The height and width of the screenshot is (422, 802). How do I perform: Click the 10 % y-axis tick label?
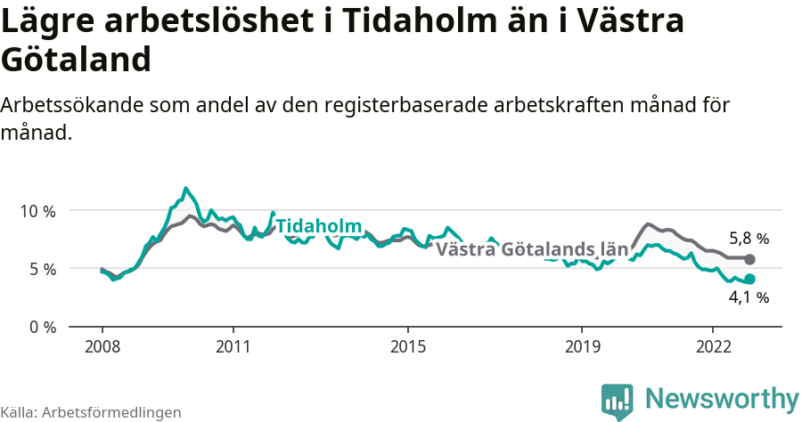point(36,211)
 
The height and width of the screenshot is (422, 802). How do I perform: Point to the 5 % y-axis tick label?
point(40,269)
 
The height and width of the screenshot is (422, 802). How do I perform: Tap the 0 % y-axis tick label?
point(40,327)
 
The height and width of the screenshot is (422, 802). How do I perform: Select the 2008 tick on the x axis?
point(102,345)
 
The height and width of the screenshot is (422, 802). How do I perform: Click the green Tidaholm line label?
point(318,226)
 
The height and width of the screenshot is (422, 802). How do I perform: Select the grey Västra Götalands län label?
point(532,249)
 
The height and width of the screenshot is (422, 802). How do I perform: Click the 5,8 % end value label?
point(749,239)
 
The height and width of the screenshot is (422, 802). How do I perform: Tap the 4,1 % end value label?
point(749,297)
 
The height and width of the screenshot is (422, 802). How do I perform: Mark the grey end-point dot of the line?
point(749,259)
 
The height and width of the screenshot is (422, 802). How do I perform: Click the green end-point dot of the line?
point(749,279)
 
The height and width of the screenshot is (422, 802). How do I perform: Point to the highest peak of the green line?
point(185,188)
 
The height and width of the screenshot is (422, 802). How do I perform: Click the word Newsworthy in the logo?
point(722,398)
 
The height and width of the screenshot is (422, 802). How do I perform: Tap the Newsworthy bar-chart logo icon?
point(617,402)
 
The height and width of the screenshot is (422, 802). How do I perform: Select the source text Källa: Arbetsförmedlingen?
point(91,413)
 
